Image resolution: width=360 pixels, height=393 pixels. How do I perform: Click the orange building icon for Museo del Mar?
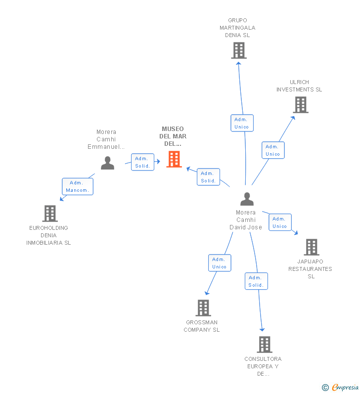pos(174,159)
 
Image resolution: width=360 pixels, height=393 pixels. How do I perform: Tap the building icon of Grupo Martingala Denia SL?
pos(239,50)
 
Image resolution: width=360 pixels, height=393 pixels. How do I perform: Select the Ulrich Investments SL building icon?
pos(301,105)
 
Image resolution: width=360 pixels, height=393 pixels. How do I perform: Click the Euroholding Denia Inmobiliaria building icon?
pos(50,214)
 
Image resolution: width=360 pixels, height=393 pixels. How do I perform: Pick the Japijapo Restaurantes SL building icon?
pos(312,247)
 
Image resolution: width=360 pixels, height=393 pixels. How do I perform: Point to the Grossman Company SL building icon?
pos(203,308)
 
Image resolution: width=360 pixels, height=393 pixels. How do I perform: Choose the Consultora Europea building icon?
pos(265,345)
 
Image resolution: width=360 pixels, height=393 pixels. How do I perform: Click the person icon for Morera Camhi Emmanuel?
pos(107,163)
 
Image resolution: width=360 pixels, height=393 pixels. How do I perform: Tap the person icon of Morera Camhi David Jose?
pos(247,199)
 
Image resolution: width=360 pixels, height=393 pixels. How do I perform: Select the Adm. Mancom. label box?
pos(78,186)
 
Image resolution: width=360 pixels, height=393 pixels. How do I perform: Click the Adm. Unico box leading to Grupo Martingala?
pos(242,123)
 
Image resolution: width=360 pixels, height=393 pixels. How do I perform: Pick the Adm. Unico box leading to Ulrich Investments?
pos(273,150)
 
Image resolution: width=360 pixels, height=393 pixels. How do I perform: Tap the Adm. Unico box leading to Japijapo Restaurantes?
pos(280,222)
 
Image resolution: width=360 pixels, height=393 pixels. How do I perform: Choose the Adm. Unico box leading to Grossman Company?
pos(220,263)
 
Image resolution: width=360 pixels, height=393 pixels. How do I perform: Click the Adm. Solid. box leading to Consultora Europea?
pos(256,281)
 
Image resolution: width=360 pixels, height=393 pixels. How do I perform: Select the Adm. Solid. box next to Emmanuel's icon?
pos(142,162)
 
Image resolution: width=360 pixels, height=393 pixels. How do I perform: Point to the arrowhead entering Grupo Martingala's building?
pos(238,64)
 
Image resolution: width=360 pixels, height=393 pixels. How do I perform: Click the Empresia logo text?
pos(345,387)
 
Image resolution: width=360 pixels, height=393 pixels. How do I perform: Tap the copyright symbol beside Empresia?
pos(325,388)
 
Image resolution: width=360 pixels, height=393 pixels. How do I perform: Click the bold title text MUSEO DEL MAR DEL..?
pos(173,136)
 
